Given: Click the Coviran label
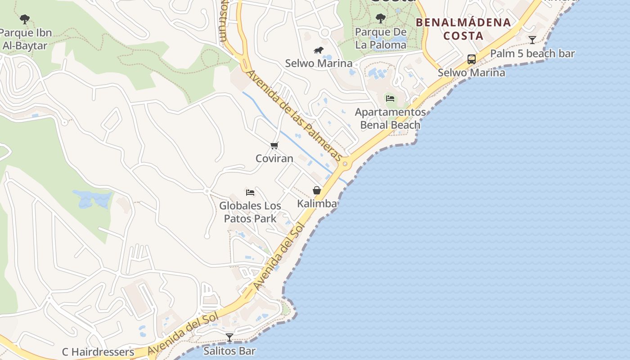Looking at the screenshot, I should coord(274,158).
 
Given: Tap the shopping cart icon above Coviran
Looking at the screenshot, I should coord(274,145).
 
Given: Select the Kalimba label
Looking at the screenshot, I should coord(317,203).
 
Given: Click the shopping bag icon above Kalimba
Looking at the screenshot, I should coord(317,190).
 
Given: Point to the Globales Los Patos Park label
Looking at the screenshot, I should coord(250,212).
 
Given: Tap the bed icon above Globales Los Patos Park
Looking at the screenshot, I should coord(250,193).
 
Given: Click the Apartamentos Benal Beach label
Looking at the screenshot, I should coord(390,118).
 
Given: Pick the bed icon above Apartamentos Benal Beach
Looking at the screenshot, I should coord(390,99).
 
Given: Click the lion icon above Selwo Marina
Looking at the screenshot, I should coord(319,50).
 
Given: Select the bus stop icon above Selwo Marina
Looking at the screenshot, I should coord(471,59).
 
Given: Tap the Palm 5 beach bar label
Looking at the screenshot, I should coord(532,54).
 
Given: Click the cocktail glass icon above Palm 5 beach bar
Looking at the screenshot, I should coord(532,40).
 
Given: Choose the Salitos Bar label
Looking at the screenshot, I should coord(229,351).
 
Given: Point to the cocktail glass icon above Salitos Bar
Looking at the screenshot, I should coord(229,337).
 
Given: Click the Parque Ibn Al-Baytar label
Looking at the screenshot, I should coord(25,39).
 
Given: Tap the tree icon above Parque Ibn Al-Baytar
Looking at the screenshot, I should coord(25,19).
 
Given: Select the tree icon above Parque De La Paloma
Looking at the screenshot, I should coord(381,18).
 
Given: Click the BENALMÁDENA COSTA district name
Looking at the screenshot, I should coord(463,29).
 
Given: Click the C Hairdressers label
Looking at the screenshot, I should coord(98,352).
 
